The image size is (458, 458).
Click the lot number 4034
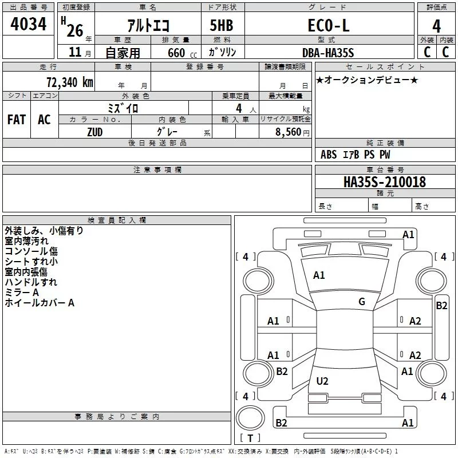28,23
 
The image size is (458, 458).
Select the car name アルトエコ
148,25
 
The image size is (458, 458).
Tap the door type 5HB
222,25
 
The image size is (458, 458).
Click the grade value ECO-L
329,25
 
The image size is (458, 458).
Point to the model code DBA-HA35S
328,53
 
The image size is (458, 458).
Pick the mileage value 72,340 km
70,82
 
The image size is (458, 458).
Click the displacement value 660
176,53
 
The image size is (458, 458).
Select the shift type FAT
17,120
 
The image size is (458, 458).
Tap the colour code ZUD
95,132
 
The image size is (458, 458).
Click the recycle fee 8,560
289,132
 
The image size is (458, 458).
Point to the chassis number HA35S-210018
385,182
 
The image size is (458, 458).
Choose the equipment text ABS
329,155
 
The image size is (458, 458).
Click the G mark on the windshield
362,302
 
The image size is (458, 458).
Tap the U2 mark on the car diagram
322,381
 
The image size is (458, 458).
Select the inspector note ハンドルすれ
31,282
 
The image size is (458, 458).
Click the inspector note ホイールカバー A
40,303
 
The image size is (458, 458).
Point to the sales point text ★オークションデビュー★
367,80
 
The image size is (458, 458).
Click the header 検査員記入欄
117,220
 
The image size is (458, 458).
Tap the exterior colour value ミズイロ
123,108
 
